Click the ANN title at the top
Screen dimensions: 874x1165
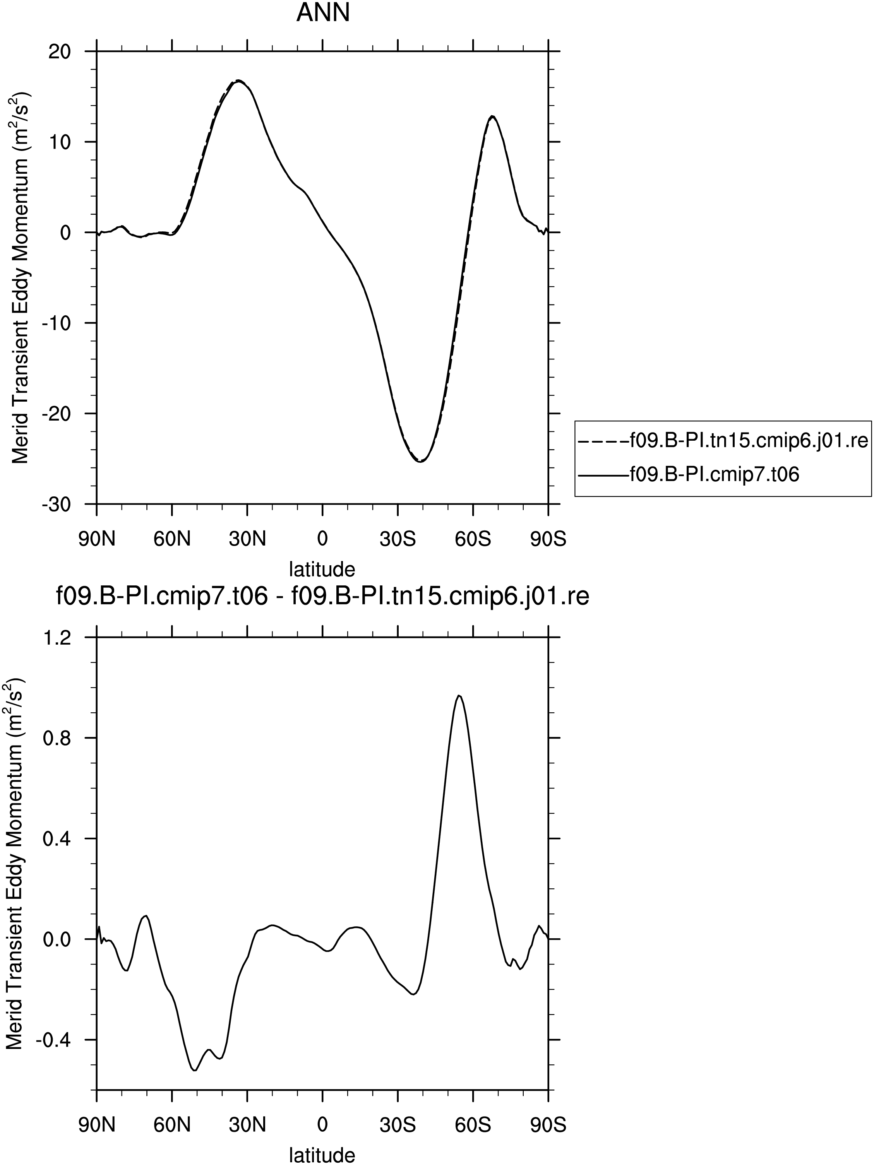tap(323, 13)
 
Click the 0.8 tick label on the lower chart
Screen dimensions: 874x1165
tap(57, 738)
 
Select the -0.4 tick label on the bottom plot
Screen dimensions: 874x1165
tap(53, 1040)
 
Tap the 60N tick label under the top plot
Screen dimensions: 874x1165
tap(172, 539)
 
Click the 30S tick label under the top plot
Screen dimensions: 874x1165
tap(398, 539)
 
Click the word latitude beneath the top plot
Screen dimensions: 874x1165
tap(322, 569)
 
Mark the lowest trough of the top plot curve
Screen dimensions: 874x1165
tap(420, 461)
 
